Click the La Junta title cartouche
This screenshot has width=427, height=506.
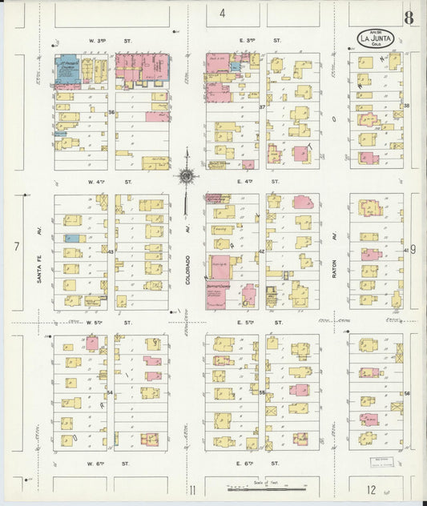[375, 38]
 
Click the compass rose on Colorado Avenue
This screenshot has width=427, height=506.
[187, 175]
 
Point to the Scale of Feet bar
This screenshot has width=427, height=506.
[268, 486]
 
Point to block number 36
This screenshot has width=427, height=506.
[111, 112]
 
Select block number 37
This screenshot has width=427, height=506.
[262, 106]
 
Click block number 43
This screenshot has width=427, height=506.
[111, 251]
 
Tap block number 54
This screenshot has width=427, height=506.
[111, 393]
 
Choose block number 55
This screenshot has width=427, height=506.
[262, 393]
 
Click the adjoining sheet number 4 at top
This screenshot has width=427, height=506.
[222, 13]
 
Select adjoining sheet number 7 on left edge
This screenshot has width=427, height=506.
[15, 247]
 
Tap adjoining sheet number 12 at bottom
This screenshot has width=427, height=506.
[372, 489]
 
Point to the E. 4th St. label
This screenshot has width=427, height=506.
[262, 182]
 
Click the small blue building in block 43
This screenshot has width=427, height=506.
[70, 239]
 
